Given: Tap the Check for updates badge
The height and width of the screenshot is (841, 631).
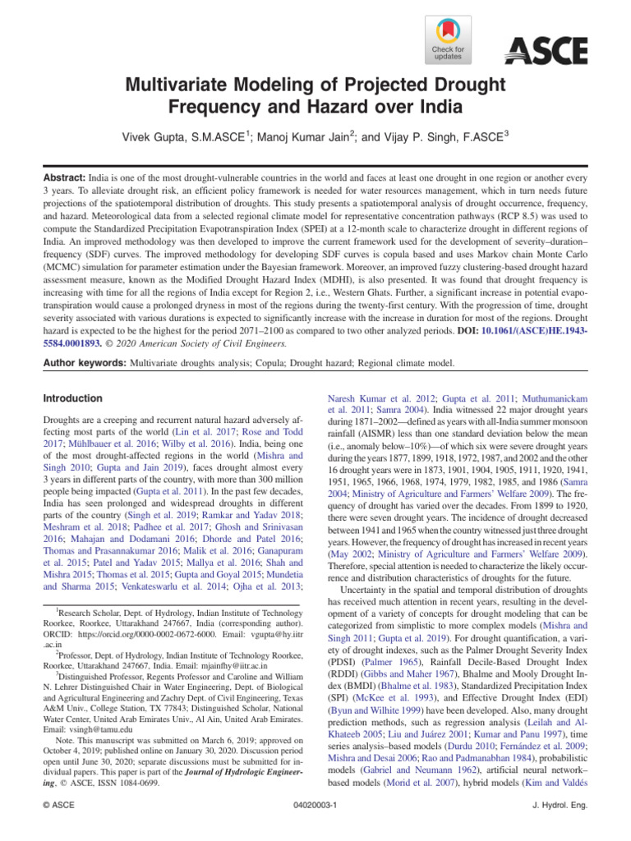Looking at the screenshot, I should [448, 40].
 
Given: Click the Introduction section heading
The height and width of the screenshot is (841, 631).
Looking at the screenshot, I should [73, 398].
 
